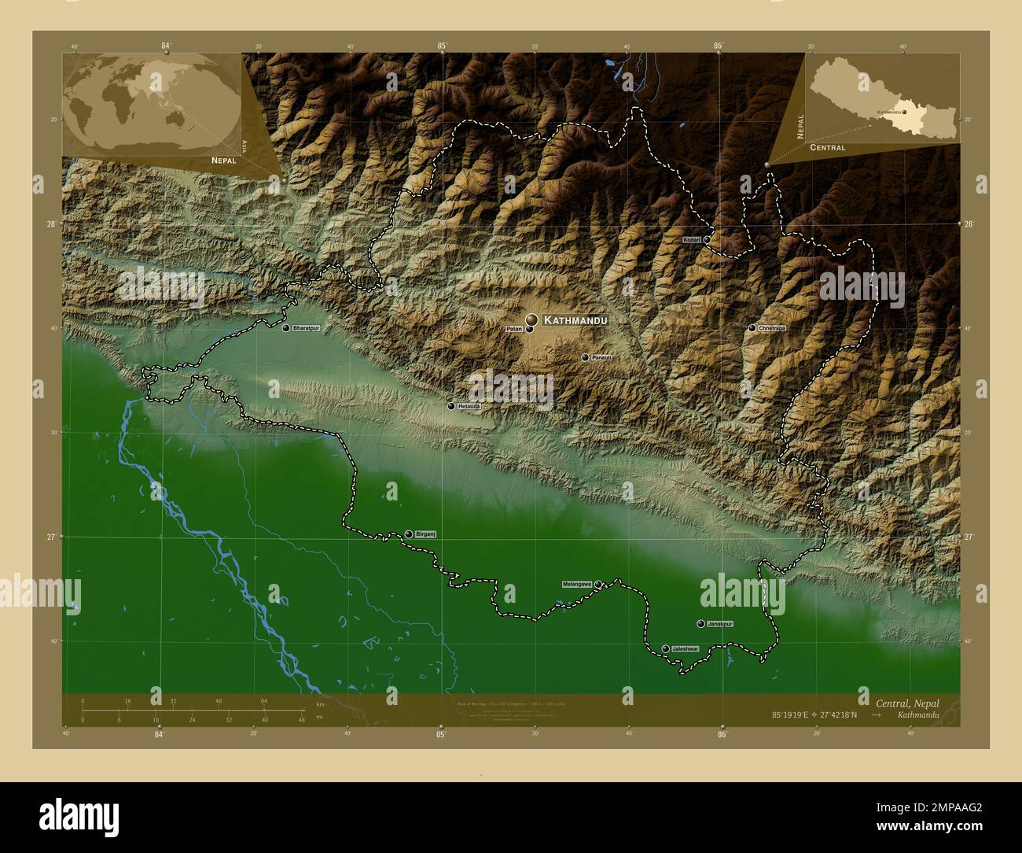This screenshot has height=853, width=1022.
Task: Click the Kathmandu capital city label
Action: [575, 321]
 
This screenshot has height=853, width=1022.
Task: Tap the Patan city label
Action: [514, 329]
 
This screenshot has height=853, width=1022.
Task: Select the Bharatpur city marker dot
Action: [286, 327]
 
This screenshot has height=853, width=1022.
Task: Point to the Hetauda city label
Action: [469, 406]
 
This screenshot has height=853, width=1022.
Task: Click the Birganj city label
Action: [425, 534]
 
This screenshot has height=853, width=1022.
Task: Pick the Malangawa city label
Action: [576, 584]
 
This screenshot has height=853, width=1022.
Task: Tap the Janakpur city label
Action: [720, 623]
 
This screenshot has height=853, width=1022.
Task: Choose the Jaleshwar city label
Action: [686, 648]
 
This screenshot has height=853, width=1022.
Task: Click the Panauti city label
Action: [601, 357]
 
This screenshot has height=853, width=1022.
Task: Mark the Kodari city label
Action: [692, 239]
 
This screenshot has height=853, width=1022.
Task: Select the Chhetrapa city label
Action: [772, 327]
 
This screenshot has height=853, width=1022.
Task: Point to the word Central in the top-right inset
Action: [827, 148]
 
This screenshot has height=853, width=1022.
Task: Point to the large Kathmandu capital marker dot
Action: [532, 319]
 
